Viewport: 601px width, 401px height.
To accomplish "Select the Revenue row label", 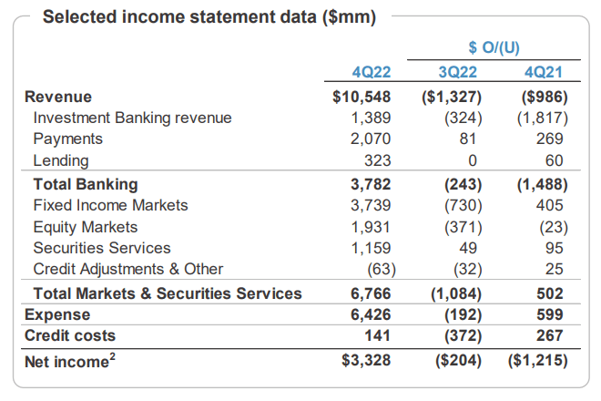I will click(58, 96).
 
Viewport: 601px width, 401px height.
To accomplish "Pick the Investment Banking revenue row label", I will click(132, 118).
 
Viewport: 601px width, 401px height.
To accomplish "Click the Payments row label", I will click(67, 139).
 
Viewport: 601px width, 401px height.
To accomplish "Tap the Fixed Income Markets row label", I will click(110, 205).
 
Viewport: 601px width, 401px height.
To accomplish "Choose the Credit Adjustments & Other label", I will click(127, 269).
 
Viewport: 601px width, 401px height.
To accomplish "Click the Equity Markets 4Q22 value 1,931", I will click(371, 226).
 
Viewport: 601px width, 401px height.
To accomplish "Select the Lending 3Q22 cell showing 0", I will click(473, 161).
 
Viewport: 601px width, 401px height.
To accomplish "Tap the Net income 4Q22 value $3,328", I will click(365, 361).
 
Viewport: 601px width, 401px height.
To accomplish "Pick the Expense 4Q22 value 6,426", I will click(371, 314).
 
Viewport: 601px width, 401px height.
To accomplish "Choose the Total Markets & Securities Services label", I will click(167, 293).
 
